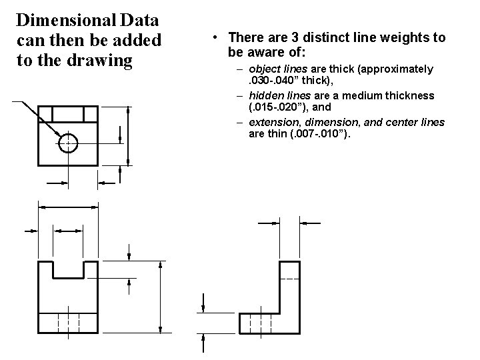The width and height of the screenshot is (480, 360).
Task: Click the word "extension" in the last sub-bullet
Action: pos(275,123)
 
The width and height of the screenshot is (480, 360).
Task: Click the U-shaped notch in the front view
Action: pos(69,269)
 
